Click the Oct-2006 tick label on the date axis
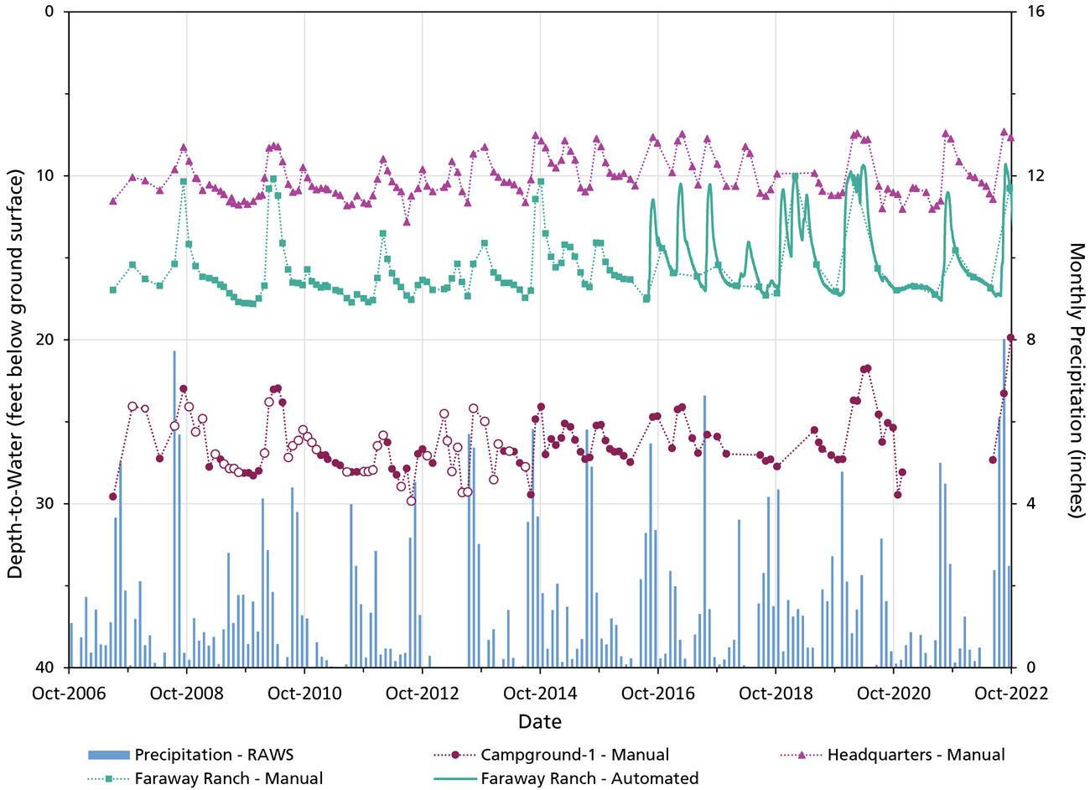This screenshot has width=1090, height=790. tap(69, 694)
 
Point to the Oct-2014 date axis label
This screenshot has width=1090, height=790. tap(540, 694)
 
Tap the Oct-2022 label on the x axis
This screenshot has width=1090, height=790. tap(1011, 694)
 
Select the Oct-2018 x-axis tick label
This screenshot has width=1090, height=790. tap(776, 694)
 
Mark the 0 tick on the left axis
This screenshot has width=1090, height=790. tap(49, 12)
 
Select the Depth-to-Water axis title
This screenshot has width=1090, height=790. tap(16, 340)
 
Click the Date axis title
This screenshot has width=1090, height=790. tap(540, 722)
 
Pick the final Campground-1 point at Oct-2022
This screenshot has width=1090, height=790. tap(1010, 338)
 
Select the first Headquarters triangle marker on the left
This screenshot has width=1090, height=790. tap(113, 201)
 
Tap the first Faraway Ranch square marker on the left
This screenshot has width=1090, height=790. tap(113, 290)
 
